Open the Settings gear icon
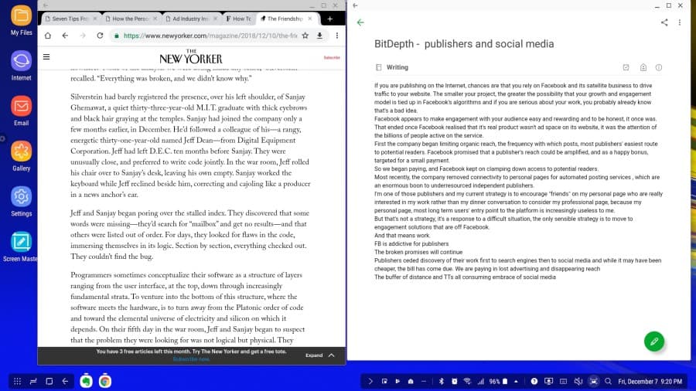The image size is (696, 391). tap(21, 196)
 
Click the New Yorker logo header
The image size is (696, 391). tap(190, 58)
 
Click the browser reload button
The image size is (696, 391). tap(100, 36)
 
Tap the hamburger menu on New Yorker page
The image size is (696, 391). tap(47, 56)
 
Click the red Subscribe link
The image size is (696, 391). tap(331, 58)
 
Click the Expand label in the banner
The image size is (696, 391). tap(313, 355)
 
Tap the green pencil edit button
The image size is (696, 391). tap(654, 340)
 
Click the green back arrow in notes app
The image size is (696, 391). tap(360, 22)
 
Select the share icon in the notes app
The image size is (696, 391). tap(664, 22)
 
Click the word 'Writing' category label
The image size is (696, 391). tap(397, 67)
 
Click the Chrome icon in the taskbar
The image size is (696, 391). tap(104, 381)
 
